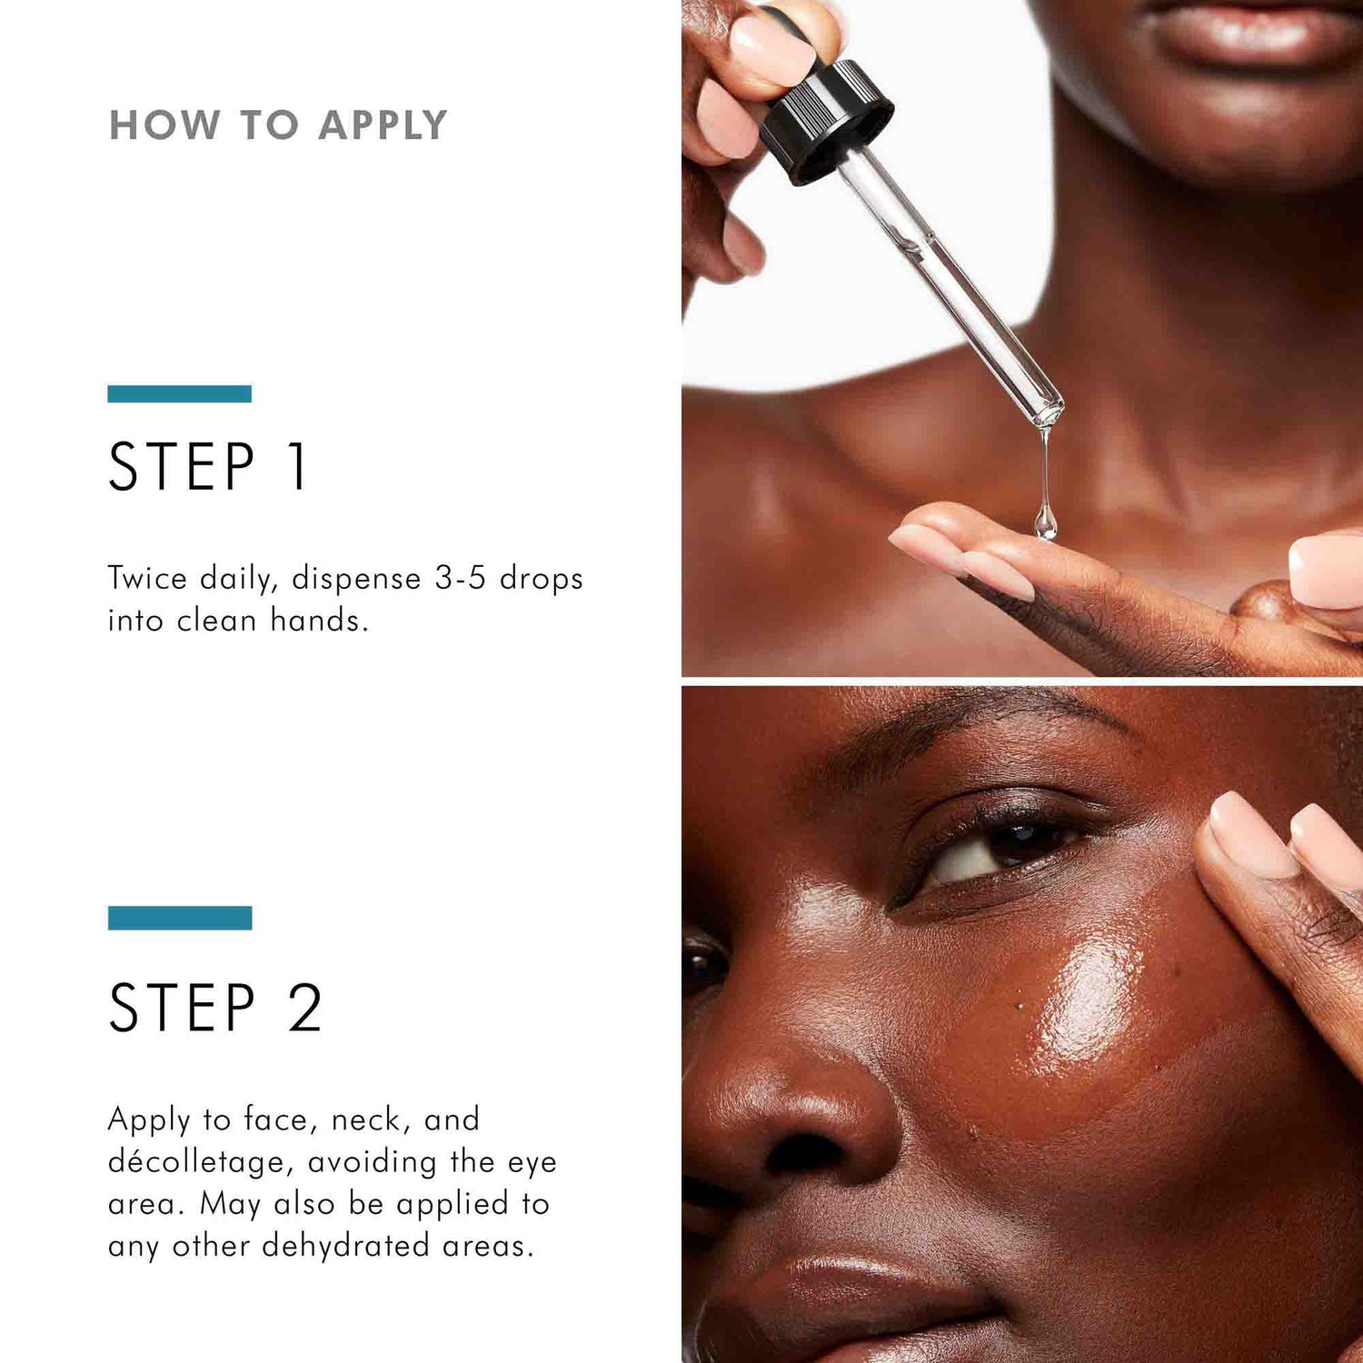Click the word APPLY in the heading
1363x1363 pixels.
click(x=383, y=125)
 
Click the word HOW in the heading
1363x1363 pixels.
click(x=164, y=125)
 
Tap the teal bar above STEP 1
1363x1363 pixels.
click(x=179, y=393)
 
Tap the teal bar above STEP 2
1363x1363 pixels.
click(x=179, y=918)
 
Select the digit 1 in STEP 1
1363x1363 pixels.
click(x=297, y=467)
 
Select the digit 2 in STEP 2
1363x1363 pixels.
click(x=305, y=1008)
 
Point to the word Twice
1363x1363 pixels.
click(x=147, y=579)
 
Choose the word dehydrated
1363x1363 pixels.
click(x=345, y=1246)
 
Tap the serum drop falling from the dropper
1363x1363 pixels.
click(x=1045, y=522)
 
